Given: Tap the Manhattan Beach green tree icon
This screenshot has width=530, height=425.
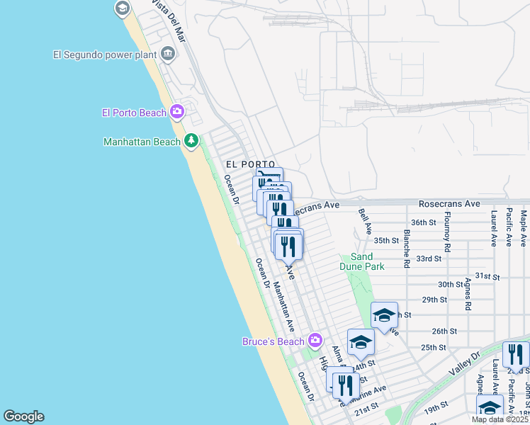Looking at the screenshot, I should pos(191,141).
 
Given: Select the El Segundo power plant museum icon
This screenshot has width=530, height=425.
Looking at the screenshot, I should pos(168,54).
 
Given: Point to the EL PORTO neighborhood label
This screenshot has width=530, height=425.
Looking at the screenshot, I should pos(250,164).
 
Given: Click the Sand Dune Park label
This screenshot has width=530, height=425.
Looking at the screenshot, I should pos(367,261).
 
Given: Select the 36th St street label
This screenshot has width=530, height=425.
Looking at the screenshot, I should pos(424,222).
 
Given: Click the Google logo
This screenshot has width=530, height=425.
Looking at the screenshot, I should pos(23,416).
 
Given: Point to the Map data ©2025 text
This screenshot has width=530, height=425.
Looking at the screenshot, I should pos(500,419).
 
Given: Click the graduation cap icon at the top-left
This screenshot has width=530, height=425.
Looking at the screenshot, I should pos(122,8).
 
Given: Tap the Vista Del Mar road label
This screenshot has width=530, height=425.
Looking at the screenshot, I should pos(169,21).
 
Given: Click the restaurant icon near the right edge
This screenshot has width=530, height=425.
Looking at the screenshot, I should pos(516,353).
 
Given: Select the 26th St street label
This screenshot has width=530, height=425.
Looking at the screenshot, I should pos(444,331).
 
